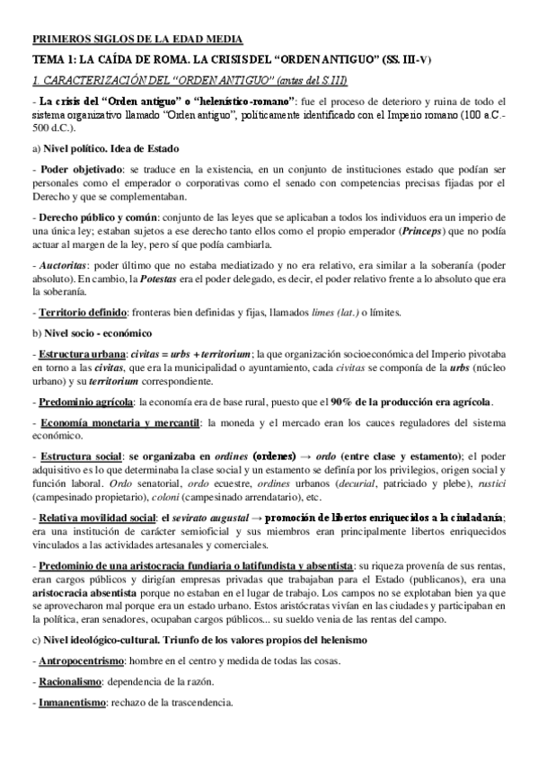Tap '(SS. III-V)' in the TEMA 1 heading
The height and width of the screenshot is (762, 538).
click(403, 60)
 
